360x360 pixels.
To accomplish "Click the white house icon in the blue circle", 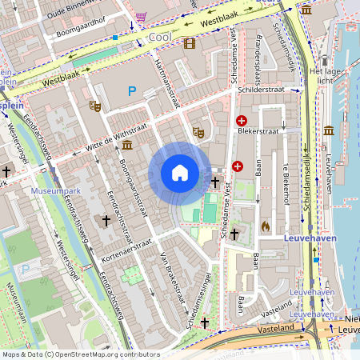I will click(x=180, y=173).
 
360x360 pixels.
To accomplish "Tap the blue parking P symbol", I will click(x=132, y=92).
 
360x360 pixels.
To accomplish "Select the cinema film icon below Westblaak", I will click(x=190, y=44).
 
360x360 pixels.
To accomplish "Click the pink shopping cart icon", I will click(x=142, y=16).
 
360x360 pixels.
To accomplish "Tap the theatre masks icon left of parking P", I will click(x=95, y=105).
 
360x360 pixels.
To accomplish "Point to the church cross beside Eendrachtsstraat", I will click(x=105, y=220).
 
